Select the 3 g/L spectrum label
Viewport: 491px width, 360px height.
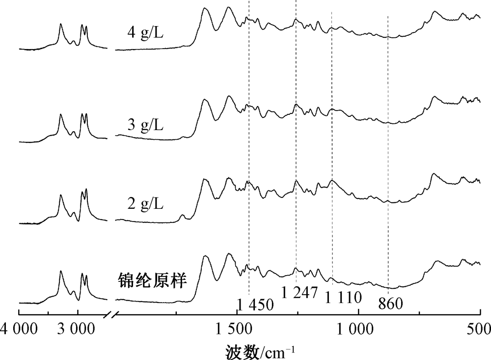point(145,125)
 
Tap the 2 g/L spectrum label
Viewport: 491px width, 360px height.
point(145,203)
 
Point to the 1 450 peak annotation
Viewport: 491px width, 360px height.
point(255,305)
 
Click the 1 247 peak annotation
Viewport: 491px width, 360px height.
point(300,293)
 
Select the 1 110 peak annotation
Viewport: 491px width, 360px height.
point(344,298)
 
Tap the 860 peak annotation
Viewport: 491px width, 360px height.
point(391,304)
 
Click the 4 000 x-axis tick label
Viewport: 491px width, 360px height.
point(19,328)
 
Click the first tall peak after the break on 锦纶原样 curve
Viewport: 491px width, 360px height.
point(205,256)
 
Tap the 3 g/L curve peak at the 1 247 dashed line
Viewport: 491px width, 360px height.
point(296,105)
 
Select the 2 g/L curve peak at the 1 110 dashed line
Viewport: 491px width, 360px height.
point(332,181)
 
